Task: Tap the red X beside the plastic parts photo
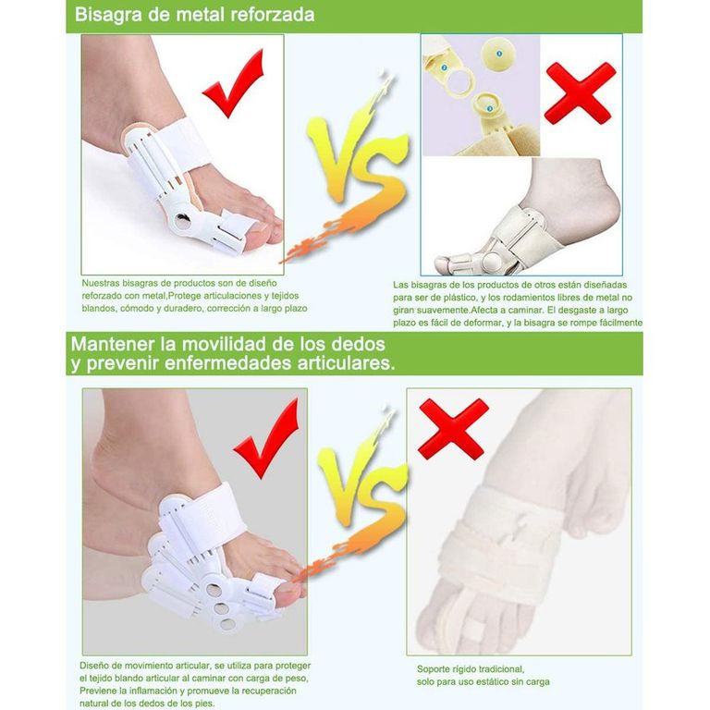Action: pos(579,93)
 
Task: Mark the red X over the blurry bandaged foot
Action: pos(453,428)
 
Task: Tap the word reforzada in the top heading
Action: pos(273,15)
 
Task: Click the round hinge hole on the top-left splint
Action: pos(183,221)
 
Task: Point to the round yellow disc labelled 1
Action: pos(498,54)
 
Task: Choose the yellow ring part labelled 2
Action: pos(459,80)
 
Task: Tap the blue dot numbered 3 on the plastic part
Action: pos(489,109)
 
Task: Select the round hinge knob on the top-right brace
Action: pos(491,262)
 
